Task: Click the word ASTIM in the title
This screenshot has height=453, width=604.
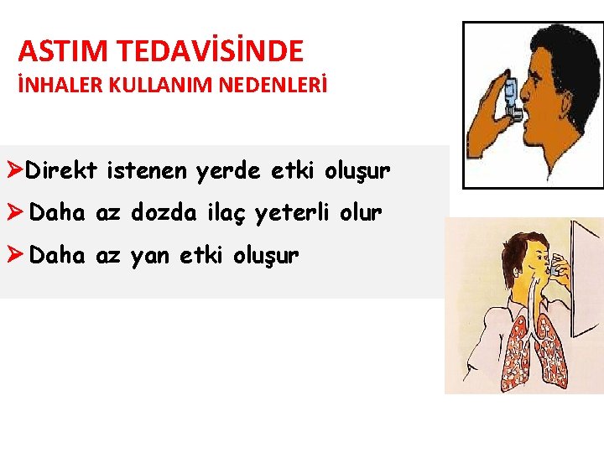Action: point(64,51)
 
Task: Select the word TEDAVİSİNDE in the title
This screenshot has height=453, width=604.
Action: point(211,51)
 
